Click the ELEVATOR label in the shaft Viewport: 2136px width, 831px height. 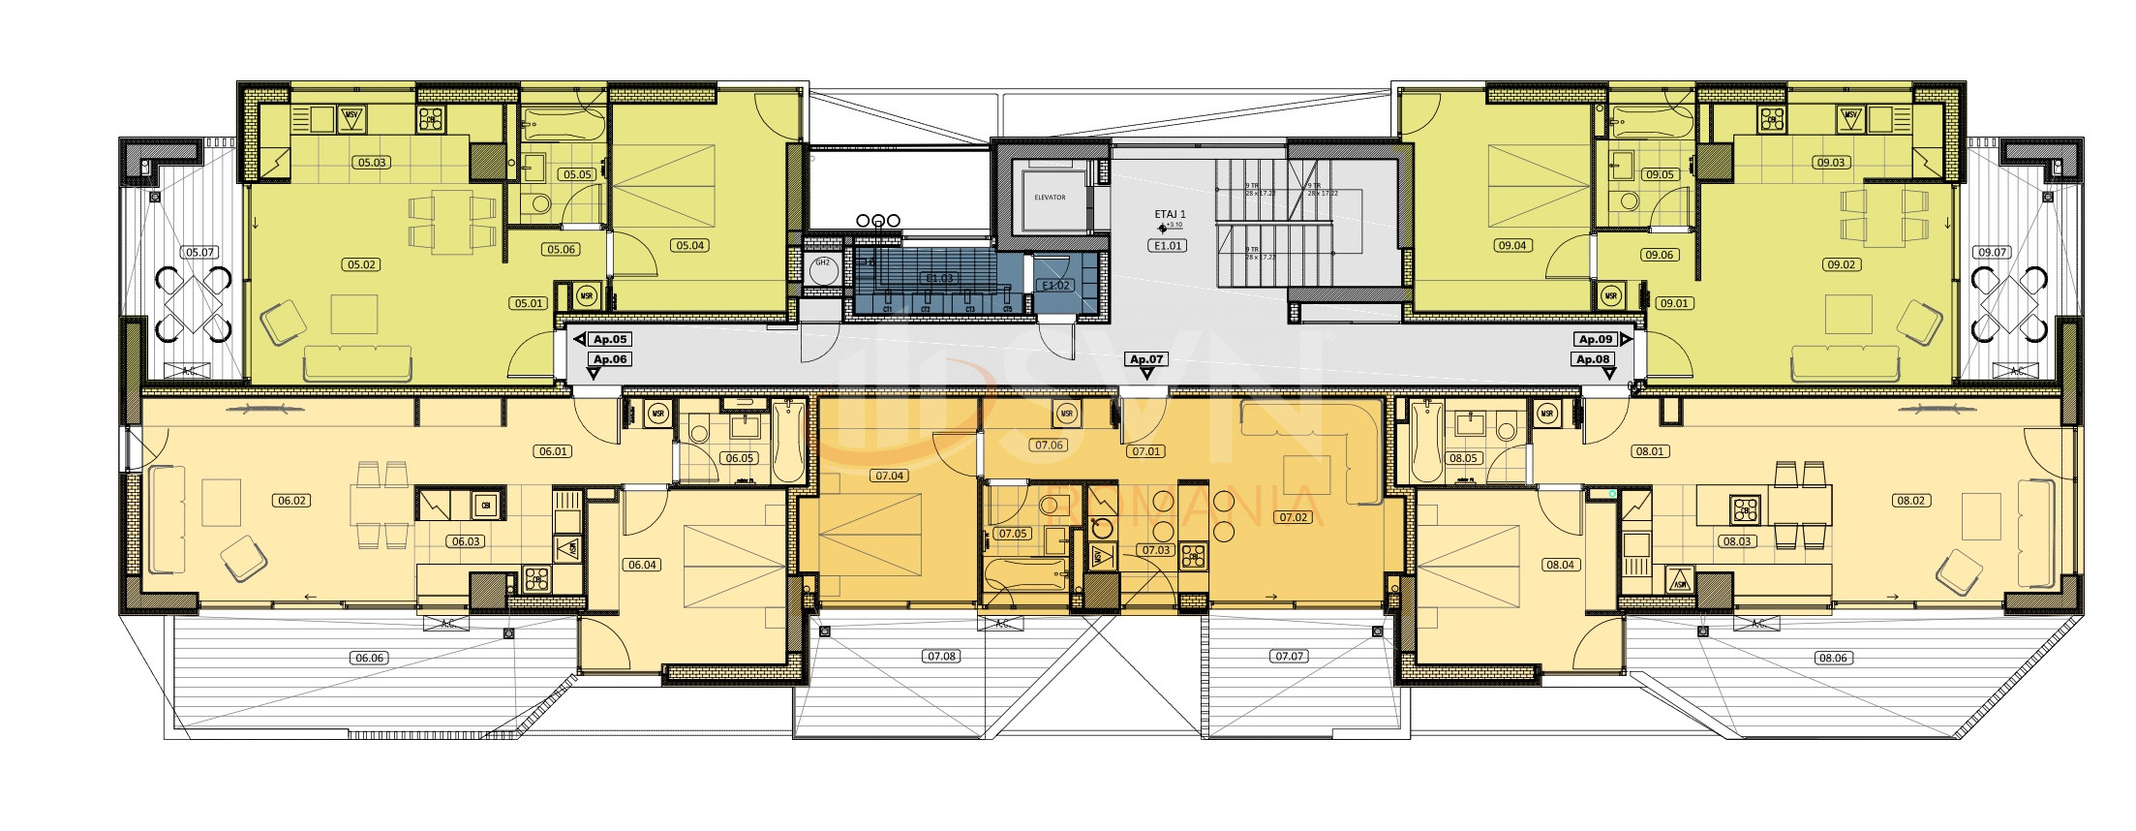tap(1049, 198)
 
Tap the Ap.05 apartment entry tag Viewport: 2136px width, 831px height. tap(610, 340)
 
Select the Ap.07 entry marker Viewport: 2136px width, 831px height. tap(1145, 359)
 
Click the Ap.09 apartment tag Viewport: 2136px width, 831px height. tap(1596, 340)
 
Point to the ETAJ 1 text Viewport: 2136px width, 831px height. tap(1170, 215)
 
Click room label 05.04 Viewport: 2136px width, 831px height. tap(689, 246)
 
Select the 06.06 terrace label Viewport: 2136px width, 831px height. tap(369, 659)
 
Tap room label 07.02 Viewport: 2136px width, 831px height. tap(1293, 518)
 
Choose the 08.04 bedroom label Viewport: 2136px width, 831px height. tap(1560, 565)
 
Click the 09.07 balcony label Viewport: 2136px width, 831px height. tap(1992, 253)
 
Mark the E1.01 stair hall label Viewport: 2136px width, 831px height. tap(1167, 246)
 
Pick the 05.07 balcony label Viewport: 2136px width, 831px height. tap(199, 253)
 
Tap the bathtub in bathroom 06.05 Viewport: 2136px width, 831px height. tap(789, 443)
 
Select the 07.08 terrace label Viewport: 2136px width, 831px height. tap(941, 657)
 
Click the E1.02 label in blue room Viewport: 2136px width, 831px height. tap(1055, 286)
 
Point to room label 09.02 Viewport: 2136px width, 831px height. tap(1841, 265)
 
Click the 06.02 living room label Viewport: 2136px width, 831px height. tap(291, 501)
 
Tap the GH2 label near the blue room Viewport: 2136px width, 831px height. tap(822, 262)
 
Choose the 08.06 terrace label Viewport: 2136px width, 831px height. tap(1833, 659)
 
